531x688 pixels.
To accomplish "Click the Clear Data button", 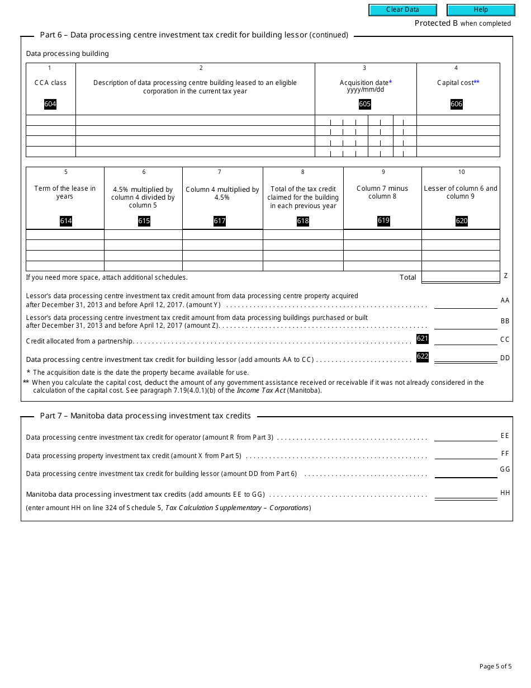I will (402, 10).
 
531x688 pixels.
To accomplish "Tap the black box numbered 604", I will (50, 104).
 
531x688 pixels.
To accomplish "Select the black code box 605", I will (365, 104).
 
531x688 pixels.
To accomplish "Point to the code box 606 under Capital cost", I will (457, 104).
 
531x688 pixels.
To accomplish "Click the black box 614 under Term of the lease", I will (66, 221).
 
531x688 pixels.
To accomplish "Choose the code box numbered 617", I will (220, 221).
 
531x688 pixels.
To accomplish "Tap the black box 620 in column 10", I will (462, 221).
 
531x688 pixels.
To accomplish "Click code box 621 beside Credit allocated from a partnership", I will (423, 338).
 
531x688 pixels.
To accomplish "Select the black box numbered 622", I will (423, 356).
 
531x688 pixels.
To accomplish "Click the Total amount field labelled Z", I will (461, 277).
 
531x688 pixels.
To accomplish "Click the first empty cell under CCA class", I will (51, 120).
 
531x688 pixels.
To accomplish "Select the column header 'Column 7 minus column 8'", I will (382, 192).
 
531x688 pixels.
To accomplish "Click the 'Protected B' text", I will (432, 23).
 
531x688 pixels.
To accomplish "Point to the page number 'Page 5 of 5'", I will (495, 666).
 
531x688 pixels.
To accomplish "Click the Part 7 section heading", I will (145, 416).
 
